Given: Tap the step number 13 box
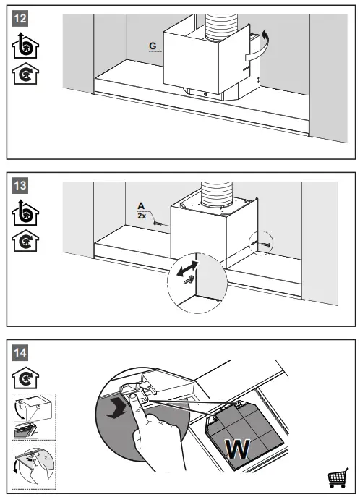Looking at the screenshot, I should [x=22, y=186].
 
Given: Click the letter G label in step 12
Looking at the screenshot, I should [x=152, y=46].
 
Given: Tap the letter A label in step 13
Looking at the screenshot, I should [x=142, y=205].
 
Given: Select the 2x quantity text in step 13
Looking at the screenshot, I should [x=142, y=216].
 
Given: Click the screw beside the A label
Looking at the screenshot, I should [x=159, y=225].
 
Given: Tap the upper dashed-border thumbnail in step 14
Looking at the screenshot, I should [x=34, y=415].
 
